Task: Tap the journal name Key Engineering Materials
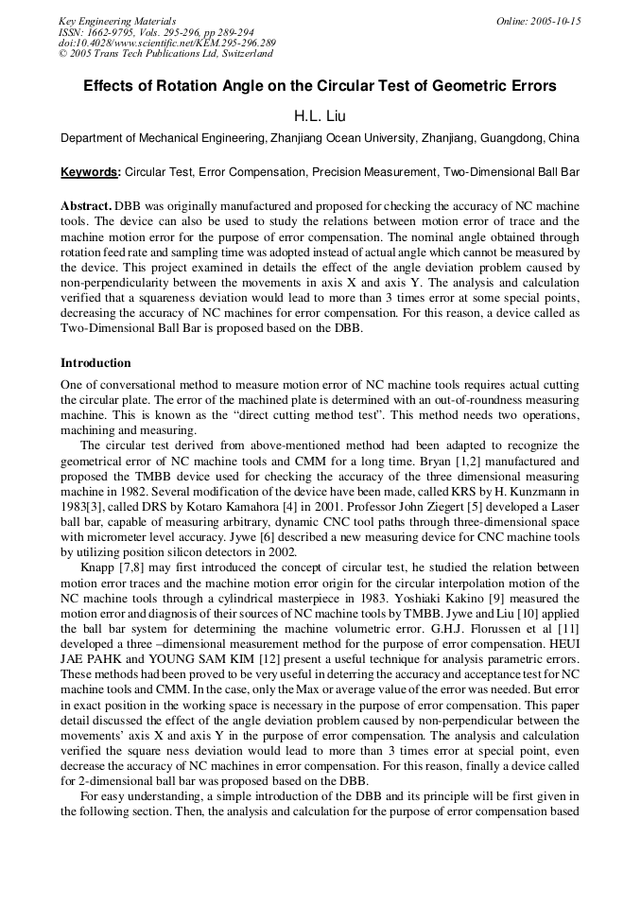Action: (x=117, y=21)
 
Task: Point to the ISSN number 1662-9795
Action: (x=112, y=32)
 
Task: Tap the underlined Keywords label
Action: (x=90, y=172)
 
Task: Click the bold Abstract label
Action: (x=87, y=205)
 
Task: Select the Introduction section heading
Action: (x=95, y=363)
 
